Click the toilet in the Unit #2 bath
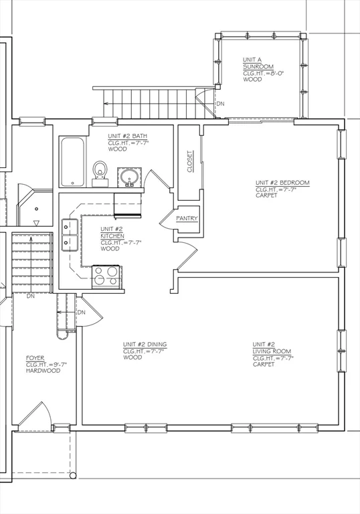pyautogui.click(x=100, y=171)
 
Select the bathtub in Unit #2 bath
pyautogui.click(x=72, y=161)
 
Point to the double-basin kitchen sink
pyautogui.click(x=68, y=235)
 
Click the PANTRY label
pyautogui.click(x=186, y=218)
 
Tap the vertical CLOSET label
pyautogui.click(x=189, y=161)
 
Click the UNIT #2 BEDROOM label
pyautogui.click(x=282, y=182)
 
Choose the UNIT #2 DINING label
pyautogui.click(x=145, y=344)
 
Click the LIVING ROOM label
pyautogui.click(x=272, y=351)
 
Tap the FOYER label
pyautogui.click(x=35, y=358)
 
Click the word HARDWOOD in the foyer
pyautogui.click(x=41, y=370)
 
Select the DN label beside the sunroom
pyautogui.click(x=220, y=104)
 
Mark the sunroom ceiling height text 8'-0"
pyautogui.click(x=272, y=73)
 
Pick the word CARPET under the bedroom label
pyautogui.click(x=266, y=197)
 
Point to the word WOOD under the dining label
pyautogui.click(x=132, y=357)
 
